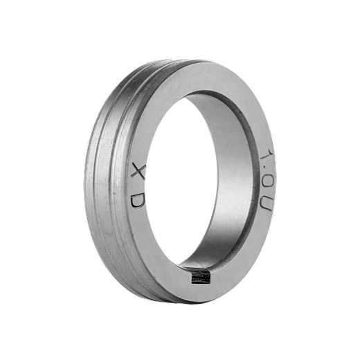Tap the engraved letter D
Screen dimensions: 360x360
(138, 201)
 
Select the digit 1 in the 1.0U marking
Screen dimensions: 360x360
(267, 156)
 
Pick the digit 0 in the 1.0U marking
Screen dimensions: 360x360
(267, 181)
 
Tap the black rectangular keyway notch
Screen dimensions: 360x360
(201, 277)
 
